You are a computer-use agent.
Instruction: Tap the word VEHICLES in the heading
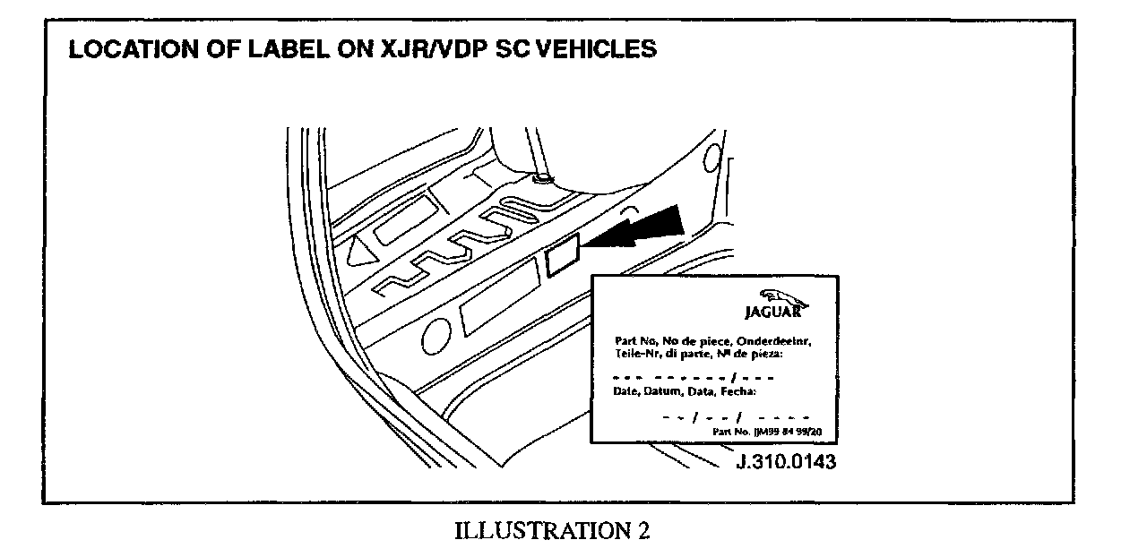point(592,49)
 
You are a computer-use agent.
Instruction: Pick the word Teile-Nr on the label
point(635,354)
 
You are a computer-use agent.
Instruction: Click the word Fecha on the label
point(738,391)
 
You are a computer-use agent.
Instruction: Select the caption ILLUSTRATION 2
point(553,530)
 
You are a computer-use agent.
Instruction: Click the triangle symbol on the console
point(361,251)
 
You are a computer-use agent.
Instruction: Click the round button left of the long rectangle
point(436,334)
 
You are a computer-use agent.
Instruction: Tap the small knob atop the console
point(541,179)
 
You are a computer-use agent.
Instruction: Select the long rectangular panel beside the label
point(498,304)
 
